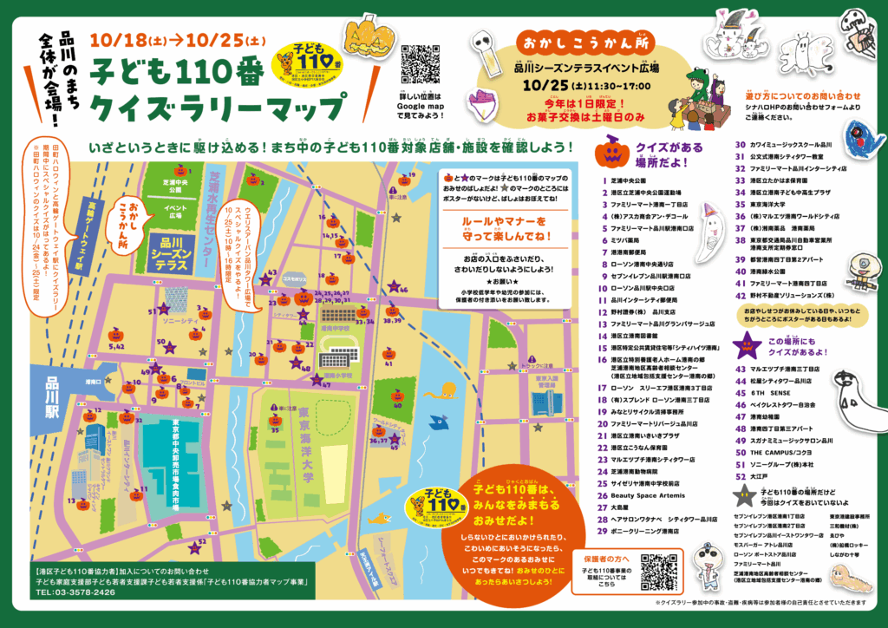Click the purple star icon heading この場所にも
pyautogui.click(x=747, y=347)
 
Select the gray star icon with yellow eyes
pyautogui.click(x=743, y=496)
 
